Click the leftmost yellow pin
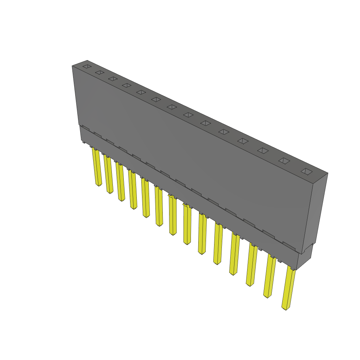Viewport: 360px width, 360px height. pyautogui.click(x=97, y=167)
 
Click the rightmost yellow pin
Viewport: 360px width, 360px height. pyautogui.click(x=289, y=288)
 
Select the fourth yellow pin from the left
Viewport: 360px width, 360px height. pyautogui.click(x=133, y=190)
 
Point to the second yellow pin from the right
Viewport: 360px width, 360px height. pyautogui.click(x=270, y=276)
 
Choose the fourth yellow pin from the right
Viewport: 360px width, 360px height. pyautogui.click(x=234, y=255)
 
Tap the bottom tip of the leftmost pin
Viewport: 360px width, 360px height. pyautogui.click(x=99, y=185)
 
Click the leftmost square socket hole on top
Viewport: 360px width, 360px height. pyautogui.click(x=86, y=66)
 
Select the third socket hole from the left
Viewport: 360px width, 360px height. pyautogui.click(x=113, y=79)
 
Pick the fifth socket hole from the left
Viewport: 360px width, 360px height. pyautogui.click(x=141, y=92)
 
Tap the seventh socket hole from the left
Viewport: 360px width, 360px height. pyautogui.click(x=172, y=107)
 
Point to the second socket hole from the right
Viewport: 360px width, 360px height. pyautogui.click(x=284, y=161)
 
